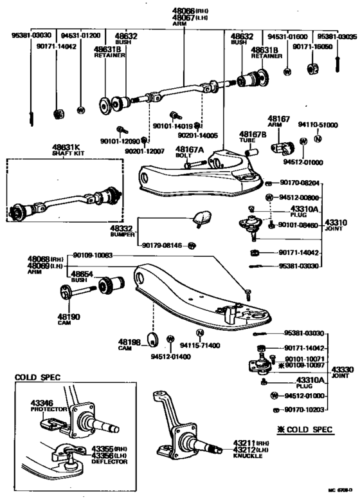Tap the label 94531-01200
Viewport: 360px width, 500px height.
pyautogui.click(x=80, y=37)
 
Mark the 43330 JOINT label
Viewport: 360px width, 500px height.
pyautogui.click(x=341, y=371)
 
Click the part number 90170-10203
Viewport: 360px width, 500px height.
pyautogui.click(x=303, y=409)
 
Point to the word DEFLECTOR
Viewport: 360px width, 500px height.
pyautogui.click(x=109, y=461)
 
